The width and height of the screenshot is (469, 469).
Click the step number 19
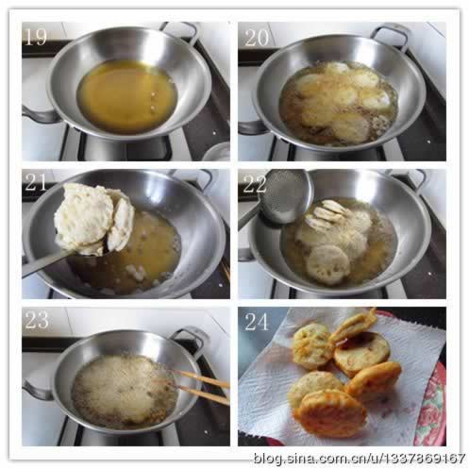pyautogui.click(x=36, y=37)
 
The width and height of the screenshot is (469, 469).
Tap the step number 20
pyautogui.click(x=257, y=38)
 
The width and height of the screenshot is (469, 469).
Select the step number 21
pyautogui.click(x=36, y=182)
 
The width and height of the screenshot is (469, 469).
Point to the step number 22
pyautogui.click(x=255, y=184)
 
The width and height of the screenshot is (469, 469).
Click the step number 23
pyautogui.click(x=37, y=320)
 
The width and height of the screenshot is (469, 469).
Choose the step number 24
pyautogui.click(x=257, y=322)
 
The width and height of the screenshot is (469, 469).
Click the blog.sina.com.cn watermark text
pyautogui.click(x=360, y=458)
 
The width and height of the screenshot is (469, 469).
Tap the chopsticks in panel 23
pyautogui.click(x=201, y=386)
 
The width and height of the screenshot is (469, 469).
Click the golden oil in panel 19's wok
pyautogui.click(x=127, y=96)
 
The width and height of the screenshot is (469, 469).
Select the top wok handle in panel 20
pyautogui.click(x=390, y=36)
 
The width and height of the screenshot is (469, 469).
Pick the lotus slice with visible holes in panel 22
pyautogui.click(x=328, y=264)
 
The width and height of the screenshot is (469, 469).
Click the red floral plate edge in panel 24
pyautogui.click(x=430, y=406)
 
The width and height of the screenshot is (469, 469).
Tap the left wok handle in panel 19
pyautogui.click(x=40, y=115)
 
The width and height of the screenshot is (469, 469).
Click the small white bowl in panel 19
pyautogui.click(x=216, y=152)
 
